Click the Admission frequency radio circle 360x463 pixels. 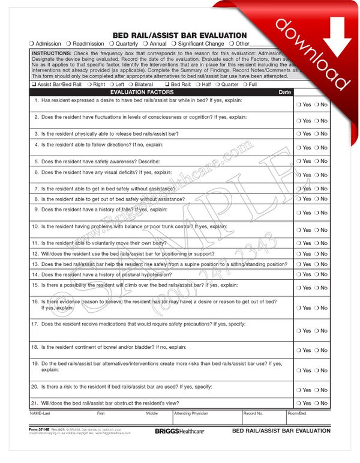32,44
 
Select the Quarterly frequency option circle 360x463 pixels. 112,44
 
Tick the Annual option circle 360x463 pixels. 146,44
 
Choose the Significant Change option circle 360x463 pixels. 173,44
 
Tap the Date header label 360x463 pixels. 285,92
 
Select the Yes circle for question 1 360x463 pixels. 299,104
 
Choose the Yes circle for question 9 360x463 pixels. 299,213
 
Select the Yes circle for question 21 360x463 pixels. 299,404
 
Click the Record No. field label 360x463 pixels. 253,414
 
